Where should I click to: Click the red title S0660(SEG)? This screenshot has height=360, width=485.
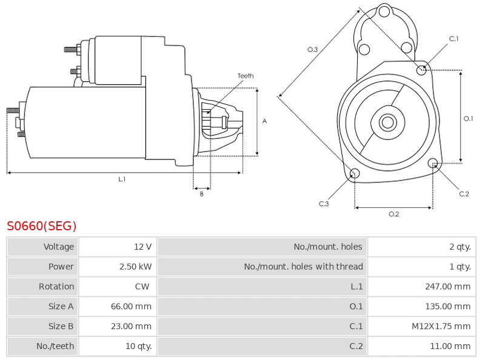[x=42, y=227]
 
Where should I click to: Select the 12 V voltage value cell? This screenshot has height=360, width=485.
[x=143, y=247]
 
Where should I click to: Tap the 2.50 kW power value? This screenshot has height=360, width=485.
[x=135, y=267]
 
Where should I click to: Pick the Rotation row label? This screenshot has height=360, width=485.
[x=56, y=287]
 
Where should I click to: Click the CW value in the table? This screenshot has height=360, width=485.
[x=142, y=287]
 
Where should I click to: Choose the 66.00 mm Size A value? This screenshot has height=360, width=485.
[x=131, y=307]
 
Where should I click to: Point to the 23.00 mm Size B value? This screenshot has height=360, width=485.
[x=131, y=326]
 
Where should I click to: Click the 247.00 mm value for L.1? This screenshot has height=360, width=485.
[x=448, y=287]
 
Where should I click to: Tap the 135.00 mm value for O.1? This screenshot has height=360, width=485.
[x=448, y=307]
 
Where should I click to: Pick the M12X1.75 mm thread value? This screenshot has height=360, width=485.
[x=441, y=326]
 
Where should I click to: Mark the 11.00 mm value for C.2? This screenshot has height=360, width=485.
[x=450, y=346]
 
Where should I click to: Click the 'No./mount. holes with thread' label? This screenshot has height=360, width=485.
[x=303, y=267]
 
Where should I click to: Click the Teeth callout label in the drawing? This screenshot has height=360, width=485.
[x=246, y=76]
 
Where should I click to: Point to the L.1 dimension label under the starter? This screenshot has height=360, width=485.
[x=122, y=179]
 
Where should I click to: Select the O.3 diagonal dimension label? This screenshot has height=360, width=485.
[x=313, y=49]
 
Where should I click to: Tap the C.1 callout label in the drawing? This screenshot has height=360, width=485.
[x=453, y=39]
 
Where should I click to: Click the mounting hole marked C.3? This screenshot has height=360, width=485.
[x=355, y=175]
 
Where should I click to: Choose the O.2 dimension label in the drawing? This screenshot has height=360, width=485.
[x=393, y=213]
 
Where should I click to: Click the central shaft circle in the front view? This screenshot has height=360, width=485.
[x=387, y=122]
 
